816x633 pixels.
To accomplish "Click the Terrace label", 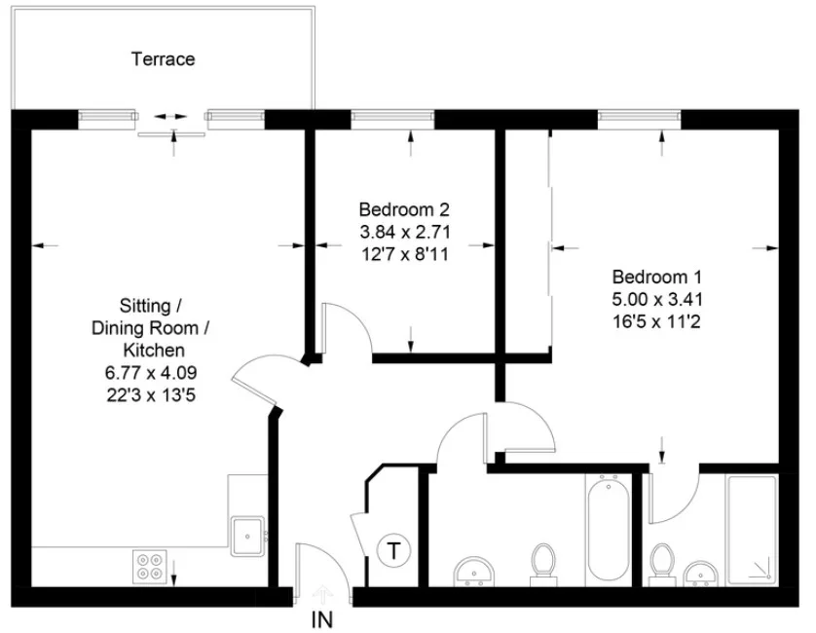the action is coord(163,58).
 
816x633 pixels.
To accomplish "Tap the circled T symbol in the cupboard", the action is coord(394,550).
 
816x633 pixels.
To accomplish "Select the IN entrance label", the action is coord(322,620).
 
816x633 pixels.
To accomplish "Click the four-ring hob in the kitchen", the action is coord(149,567).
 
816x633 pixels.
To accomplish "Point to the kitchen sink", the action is coord(247,537).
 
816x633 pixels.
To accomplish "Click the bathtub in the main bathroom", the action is coord(609,530).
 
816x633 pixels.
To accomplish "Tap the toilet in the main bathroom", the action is coord(543,565).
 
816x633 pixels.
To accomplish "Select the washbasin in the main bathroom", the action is coord(473,572).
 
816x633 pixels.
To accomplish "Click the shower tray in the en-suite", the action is coord(752,530).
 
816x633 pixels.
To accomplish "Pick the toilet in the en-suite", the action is coord(662,565).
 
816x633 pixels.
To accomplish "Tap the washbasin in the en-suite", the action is coord(700,574).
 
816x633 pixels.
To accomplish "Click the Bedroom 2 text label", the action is coord(404,209).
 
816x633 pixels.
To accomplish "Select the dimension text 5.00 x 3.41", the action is coord(656,299).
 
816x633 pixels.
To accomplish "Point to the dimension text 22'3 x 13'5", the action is coord(151,395).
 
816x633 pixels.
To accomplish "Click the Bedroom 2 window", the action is coord(393,119).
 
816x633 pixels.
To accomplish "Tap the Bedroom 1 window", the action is coord(639,119).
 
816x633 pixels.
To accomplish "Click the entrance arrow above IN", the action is coord(322,594).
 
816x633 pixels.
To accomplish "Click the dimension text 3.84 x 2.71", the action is coord(404,232).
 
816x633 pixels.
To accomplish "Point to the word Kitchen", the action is coord(154,350).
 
